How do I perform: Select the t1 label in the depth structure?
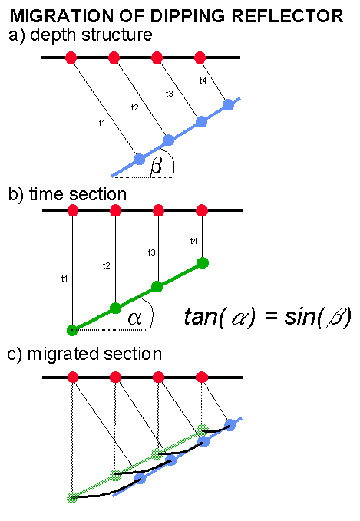tap(102, 123)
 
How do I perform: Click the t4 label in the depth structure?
tap(203, 81)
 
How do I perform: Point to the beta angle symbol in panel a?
tap(157, 165)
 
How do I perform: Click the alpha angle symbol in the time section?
tap(134, 318)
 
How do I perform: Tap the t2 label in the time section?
tap(107, 265)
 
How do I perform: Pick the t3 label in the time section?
tap(151, 252)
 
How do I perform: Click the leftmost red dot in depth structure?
tap(71, 58)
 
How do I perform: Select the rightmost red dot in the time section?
tap(202, 210)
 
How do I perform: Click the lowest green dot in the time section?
tap(72, 330)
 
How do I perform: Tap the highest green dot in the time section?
tap(203, 263)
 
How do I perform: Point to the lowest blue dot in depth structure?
tap(139, 159)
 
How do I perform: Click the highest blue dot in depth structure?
tap(229, 104)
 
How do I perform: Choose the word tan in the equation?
tap(200, 316)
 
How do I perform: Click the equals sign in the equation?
tap(271, 315)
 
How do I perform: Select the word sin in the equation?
tap(299, 316)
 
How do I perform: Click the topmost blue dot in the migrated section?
tap(230, 424)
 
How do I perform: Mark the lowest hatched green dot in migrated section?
tap(72, 497)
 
